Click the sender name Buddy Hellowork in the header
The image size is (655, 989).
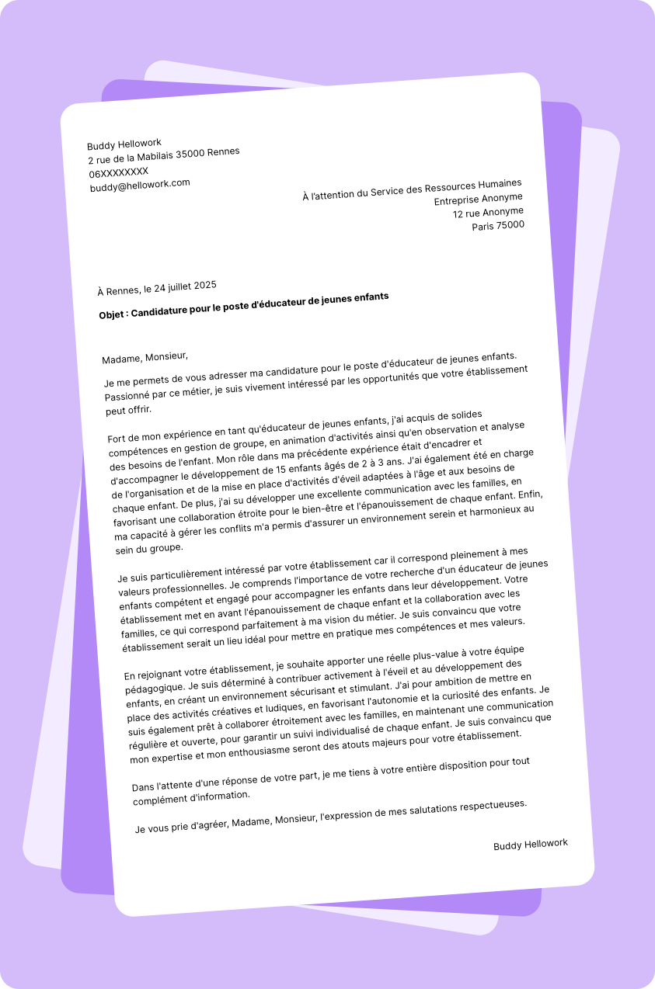coord(124,144)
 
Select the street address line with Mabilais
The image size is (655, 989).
coord(164,155)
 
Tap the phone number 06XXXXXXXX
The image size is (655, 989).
coord(119,172)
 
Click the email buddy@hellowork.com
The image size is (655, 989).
coord(140,185)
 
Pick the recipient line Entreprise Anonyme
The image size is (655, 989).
coord(479,200)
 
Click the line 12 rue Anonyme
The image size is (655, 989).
coord(488,212)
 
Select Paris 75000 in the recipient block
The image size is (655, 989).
coord(498,225)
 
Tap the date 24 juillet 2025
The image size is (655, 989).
coord(185,287)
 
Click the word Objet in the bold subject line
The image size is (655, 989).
coord(113,314)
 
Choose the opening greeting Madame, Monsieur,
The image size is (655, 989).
coord(145,357)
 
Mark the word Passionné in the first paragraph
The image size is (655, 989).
coord(128,396)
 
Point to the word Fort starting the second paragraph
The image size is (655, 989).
coord(117,439)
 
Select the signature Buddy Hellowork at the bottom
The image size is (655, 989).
coord(531,844)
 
